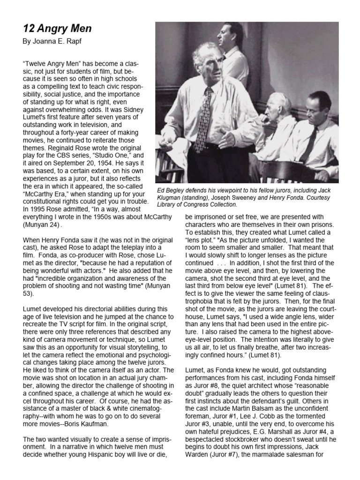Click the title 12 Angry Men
(x=57, y=29)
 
